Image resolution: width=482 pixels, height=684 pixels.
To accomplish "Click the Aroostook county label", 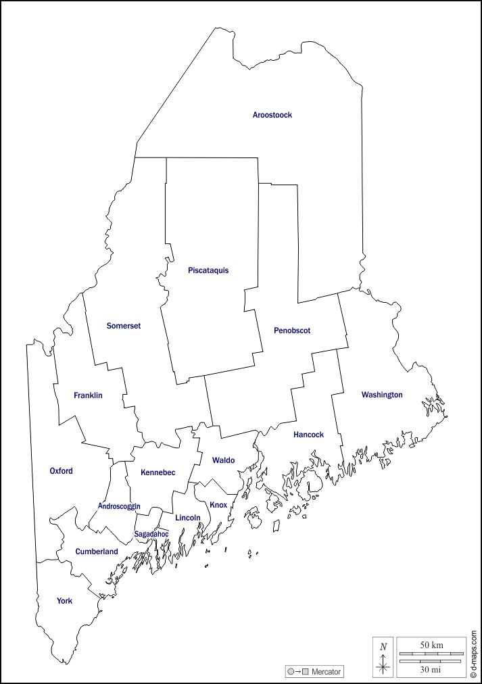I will coord(272,115).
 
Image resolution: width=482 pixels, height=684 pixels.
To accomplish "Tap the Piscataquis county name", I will coord(208,270).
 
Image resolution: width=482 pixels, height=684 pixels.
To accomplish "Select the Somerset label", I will coord(124,326).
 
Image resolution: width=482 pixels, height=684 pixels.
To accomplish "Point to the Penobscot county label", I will coord(292,331).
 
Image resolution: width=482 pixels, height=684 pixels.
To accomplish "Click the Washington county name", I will coord(382,395).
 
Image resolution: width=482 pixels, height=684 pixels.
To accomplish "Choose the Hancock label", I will coord(308,435).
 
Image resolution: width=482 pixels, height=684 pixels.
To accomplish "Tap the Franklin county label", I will coord(88,395).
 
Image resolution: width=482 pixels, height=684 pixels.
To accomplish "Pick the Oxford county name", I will coord(61,471).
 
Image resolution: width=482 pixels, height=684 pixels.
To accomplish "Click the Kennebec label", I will coord(158,472).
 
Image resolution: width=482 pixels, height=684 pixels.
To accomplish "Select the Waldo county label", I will coord(223,460).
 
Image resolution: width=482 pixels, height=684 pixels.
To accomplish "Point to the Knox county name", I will coord(218,505).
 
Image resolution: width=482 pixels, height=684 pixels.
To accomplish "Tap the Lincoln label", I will coord(188,518).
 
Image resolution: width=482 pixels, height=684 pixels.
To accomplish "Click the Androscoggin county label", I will coord(119,506).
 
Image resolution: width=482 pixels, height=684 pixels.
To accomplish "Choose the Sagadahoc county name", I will coord(151,534).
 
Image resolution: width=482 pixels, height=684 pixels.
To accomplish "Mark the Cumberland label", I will coord(97,552).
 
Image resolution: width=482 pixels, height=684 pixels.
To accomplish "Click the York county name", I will coord(64,601).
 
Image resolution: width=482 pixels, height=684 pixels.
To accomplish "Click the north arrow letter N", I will coord(383,647).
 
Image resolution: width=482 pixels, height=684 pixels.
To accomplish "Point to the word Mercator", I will coord(326,672).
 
